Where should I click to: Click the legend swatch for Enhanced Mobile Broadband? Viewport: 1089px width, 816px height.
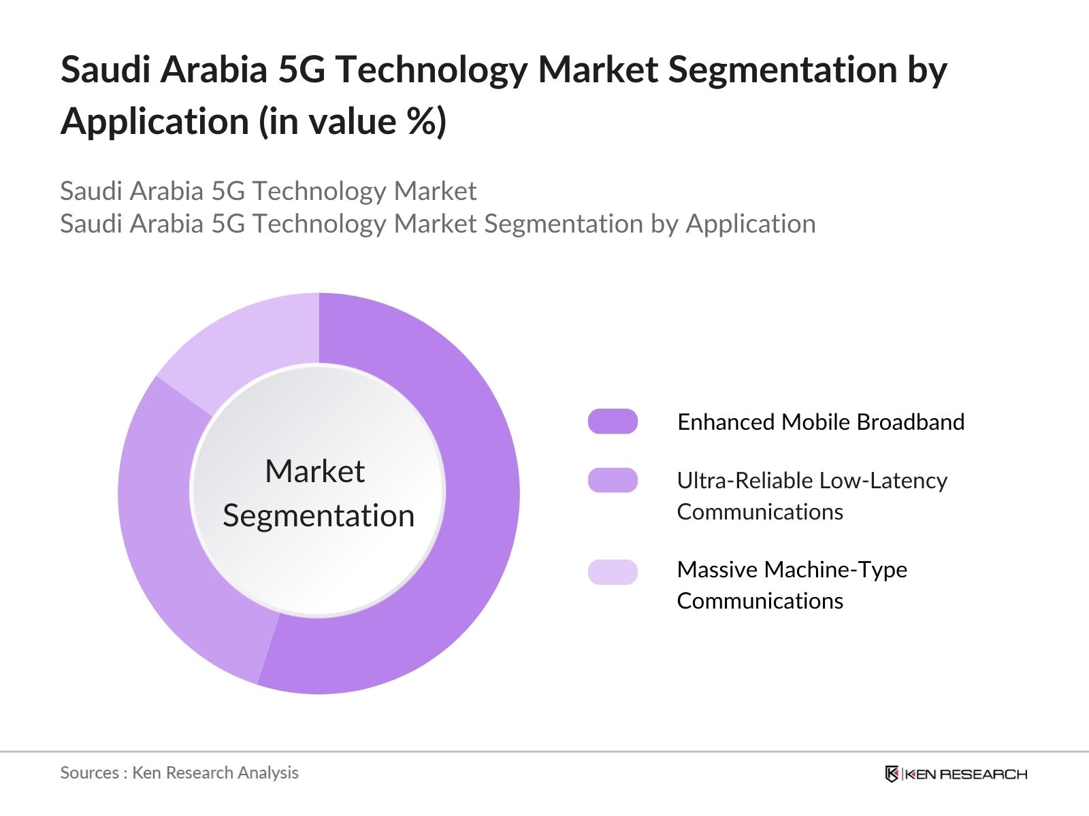tap(613, 422)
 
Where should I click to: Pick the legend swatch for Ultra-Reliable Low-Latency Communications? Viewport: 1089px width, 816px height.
tap(613, 480)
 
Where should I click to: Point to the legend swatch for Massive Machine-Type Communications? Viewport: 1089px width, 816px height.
tap(613, 572)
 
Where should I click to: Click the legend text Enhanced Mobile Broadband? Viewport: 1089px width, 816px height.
tap(821, 422)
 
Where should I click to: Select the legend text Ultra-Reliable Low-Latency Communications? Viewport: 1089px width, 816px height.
tap(811, 496)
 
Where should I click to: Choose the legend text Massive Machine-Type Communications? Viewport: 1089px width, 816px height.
tap(792, 585)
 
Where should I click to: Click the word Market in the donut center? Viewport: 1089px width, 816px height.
tap(314, 471)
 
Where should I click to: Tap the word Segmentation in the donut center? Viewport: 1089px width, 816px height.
tap(319, 515)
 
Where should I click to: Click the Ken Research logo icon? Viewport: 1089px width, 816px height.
tap(892, 774)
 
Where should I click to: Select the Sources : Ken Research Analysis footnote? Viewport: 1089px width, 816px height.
tap(179, 772)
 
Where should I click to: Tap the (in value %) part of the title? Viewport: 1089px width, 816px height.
tap(353, 122)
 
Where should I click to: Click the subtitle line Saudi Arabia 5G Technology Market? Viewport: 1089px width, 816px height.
tap(268, 191)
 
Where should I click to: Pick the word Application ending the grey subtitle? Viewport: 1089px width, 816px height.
tap(751, 224)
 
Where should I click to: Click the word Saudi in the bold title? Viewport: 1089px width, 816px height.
tap(105, 69)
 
